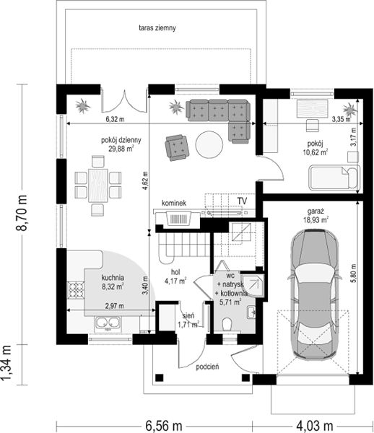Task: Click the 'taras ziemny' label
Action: coord(157,28)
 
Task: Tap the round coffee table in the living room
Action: coord(209,144)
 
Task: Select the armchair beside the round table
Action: coord(177,147)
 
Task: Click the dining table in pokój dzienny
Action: coord(98,185)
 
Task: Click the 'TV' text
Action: coord(242,201)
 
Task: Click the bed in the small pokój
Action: coord(334,178)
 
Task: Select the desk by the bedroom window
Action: coord(313,108)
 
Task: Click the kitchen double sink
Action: coord(108,323)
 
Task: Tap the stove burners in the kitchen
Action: coord(76,290)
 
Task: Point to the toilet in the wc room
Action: coord(227,324)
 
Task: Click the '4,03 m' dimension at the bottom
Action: coord(315,426)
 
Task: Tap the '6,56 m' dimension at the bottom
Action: coord(164,426)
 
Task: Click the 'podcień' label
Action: coord(207,367)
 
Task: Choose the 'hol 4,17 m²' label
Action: coord(175,277)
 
